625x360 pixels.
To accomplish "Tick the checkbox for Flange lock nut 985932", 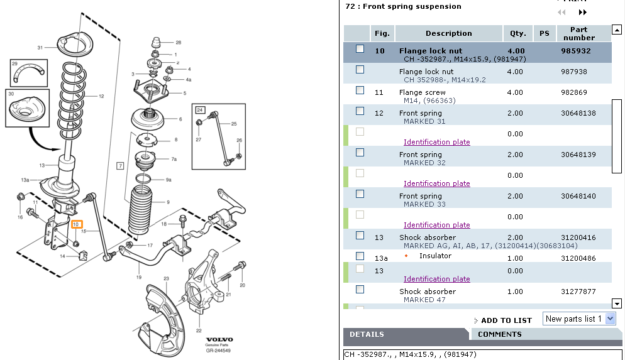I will (x=360, y=49).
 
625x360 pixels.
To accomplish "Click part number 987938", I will (x=573, y=72).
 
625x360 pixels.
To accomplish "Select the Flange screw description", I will (x=422, y=92).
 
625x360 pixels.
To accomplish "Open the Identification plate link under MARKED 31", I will (x=436, y=142).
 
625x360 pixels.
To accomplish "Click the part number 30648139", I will (x=577, y=155).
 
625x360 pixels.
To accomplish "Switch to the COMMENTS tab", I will (x=499, y=334).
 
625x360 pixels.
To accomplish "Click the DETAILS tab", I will (x=367, y=334).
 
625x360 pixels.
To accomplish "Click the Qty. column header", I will (x=518, y=33).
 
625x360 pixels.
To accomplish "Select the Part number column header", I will (x=578, y=33).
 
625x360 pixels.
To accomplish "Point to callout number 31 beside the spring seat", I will (x=40, y=48).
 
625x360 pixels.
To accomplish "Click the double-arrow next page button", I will (x=583, y=12).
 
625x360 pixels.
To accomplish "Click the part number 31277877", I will (x=577, y=292).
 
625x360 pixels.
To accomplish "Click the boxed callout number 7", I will (x=119, y=166).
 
